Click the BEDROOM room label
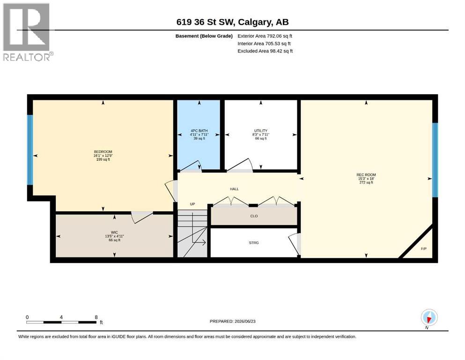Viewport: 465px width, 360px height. pyautogui.click(x=103, y=152)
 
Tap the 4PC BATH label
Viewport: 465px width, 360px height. pyautogui.click(x=199, y=131)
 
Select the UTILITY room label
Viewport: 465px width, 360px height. pyautogui.click(x=261, y=131)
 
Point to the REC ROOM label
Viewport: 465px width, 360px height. pyautogui.click(x=366, y=175)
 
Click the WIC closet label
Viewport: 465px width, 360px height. pyautogui.click(x=114, y=232)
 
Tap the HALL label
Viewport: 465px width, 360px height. pyautogui.click(x=234, y=189)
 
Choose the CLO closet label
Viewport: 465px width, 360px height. pyautogui.click(x=254, y=216)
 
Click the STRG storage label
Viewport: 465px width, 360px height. pyautogui.click(x=254, y=243)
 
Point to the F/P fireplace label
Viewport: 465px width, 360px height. pyautogui.click(x=424, y=249)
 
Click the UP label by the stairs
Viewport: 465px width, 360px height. pyautogui.click(x=192, y=204)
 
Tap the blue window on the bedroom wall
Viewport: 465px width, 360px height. pyautogui.click(x=30, y=150)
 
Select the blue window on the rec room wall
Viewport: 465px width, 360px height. pyautogui.click(x=435, y=160)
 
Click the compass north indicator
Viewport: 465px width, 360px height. pyautogui.click(x=429, y=318)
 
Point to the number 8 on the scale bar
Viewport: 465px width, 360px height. pyautogui.click(x=96, y=317)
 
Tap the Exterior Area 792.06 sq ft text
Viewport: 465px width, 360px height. pyautogui.click(x=265, y=36)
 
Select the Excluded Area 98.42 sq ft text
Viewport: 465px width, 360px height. pyautogui.click(x=265, y=51)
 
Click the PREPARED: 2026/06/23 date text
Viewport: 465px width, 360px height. pyautogui.click(x=232, y=321)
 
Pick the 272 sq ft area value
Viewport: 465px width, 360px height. pyautogui.click(x=366, y=182)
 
